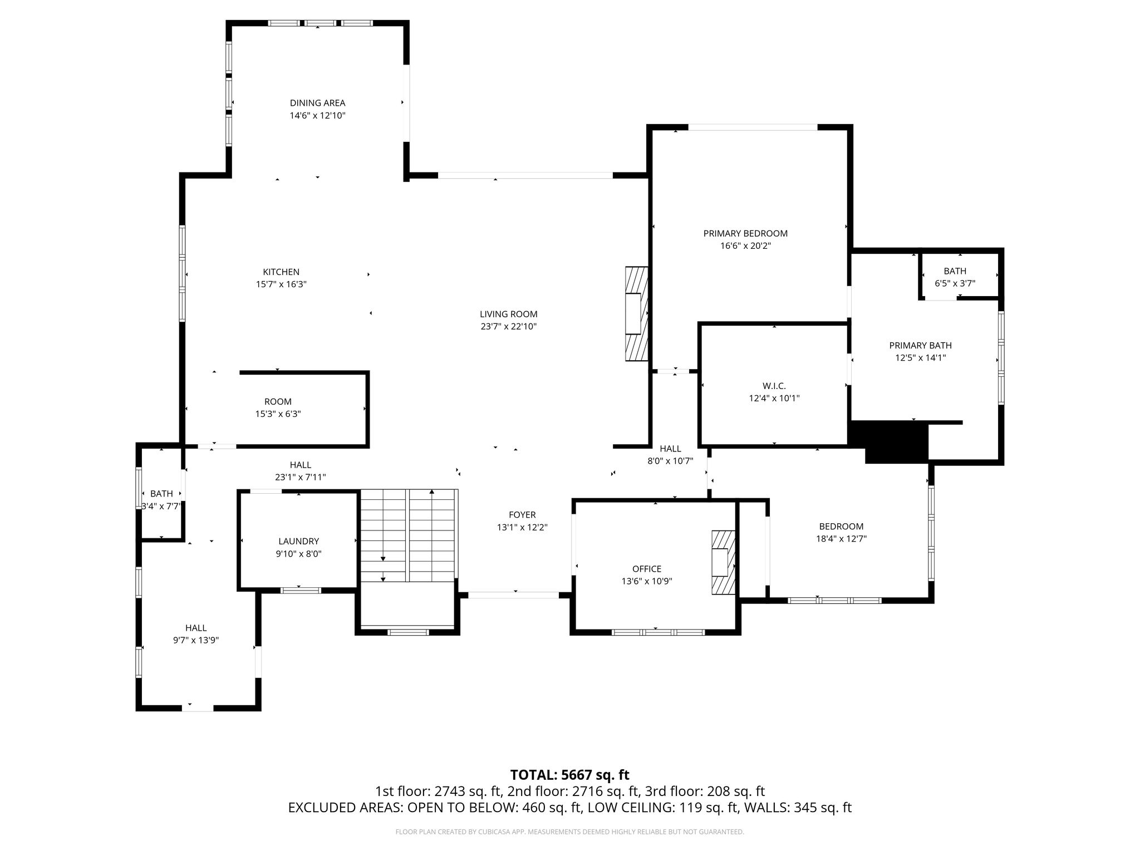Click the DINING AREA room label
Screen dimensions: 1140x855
tap(317, 103)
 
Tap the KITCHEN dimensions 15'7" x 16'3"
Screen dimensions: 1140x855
tap(281, 284)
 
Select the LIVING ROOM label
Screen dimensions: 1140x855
tap(509, 314)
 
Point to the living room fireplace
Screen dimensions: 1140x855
tap(636, 314)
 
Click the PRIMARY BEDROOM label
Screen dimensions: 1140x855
tap(745, 233)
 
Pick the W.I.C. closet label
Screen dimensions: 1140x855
tap(774, 386)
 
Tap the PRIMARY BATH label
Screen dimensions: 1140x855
tap(920, 346)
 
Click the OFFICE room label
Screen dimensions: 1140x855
tap(646, 569)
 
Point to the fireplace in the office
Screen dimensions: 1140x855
tap(723, 563)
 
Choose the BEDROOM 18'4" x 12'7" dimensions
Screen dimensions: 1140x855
tap(841, 539)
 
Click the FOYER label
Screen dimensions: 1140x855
tap(522, 515)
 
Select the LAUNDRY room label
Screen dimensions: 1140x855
tap(299, 541)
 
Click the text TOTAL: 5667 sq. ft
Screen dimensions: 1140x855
tap(570, 775)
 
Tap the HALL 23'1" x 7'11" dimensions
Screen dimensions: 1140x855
tap(300, 477)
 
